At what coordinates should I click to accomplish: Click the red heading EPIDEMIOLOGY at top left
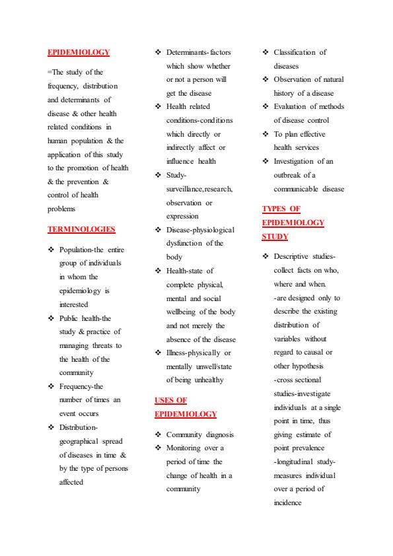click(x=79, y=52)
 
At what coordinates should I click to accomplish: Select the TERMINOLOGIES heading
click(x=81, y=229)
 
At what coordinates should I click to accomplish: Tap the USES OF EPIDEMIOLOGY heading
click(x=185, y=407)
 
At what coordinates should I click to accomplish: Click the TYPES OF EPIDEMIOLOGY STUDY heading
click(x=293, y=223)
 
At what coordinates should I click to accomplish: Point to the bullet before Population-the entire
click(x=51, y=250)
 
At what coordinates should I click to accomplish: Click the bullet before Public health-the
click(x=51, y=318)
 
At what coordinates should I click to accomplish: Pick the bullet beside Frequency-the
click(x=51, y=386)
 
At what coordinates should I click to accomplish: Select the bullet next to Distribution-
click(x=51, y=427)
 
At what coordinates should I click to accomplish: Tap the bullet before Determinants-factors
click(x=158, y=52)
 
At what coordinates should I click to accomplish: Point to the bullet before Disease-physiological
click(x=158, y=230)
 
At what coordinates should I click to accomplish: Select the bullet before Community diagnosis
click(x=158, y=434)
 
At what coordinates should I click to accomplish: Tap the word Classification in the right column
click(x=295, y=52)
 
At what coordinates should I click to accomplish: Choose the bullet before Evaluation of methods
click(x=266, y=106)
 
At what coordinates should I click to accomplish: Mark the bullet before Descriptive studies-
click(x=266, y=256)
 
